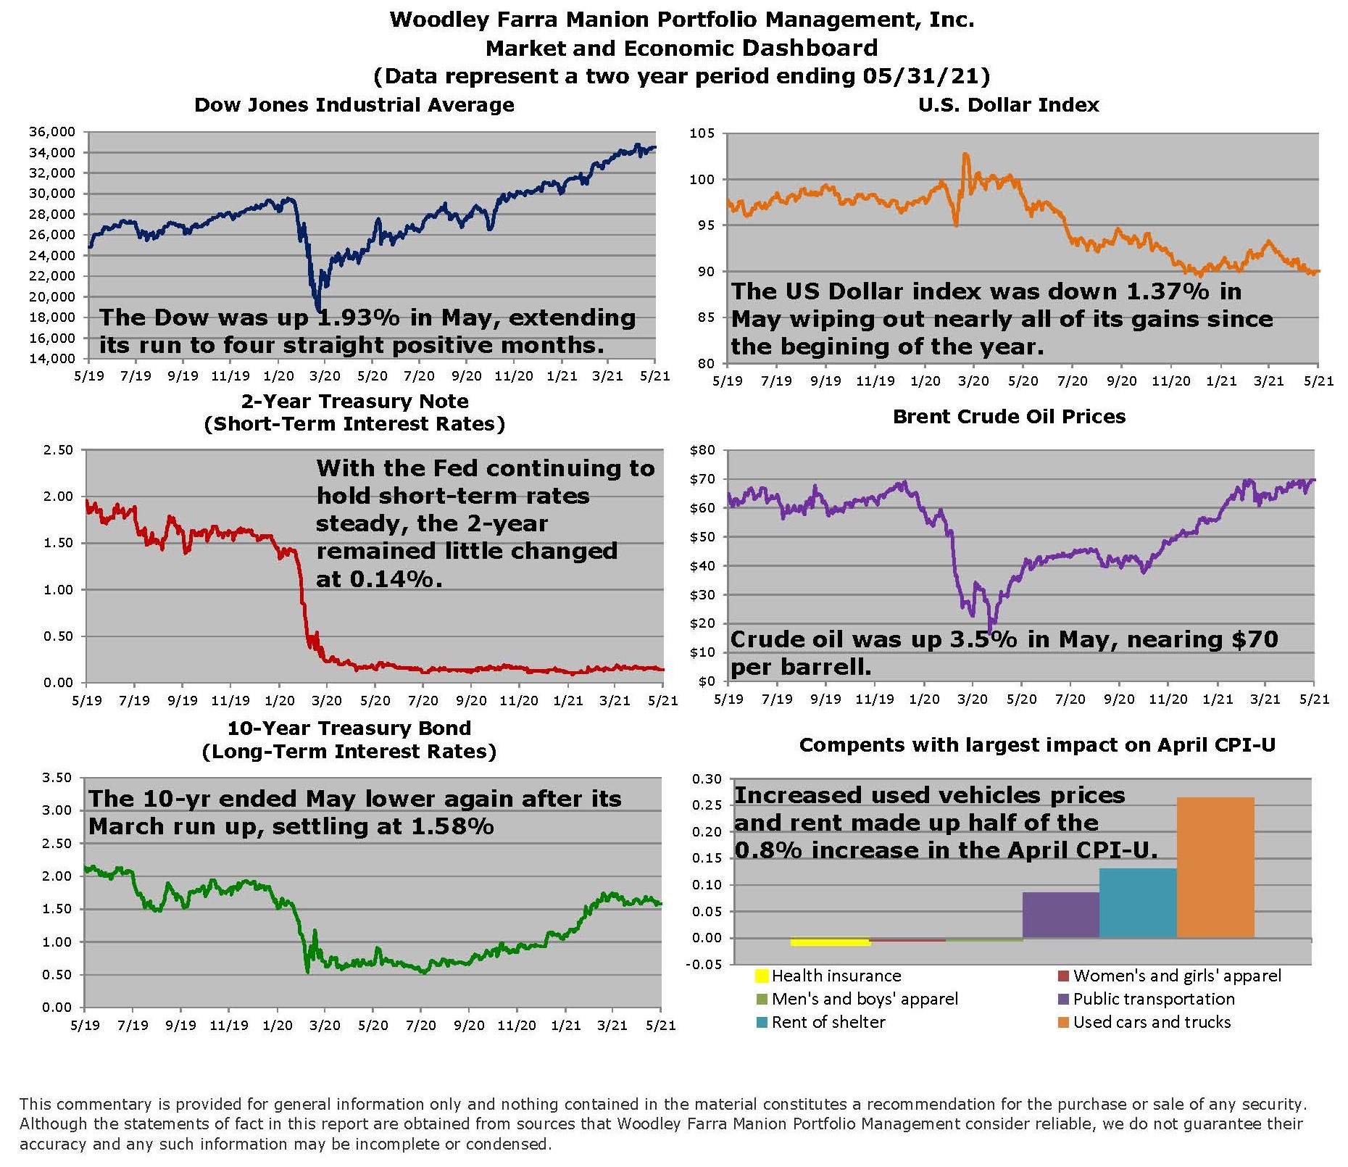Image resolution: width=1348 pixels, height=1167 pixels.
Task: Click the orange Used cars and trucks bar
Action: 1215,867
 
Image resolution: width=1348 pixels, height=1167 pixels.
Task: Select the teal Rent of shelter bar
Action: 1138,902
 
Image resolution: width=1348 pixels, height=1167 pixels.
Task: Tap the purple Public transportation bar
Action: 1060,915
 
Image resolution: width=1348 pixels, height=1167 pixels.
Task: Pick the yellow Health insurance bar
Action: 830,942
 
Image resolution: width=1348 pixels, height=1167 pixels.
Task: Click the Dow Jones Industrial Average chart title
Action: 354,105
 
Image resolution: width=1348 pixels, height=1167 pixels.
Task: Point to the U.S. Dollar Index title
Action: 1008,105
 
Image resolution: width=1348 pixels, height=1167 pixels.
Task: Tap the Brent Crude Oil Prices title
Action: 1009,417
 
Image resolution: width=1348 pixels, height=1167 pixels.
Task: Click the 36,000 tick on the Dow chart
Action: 51,132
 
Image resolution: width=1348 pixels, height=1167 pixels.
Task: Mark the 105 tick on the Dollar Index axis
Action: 702,133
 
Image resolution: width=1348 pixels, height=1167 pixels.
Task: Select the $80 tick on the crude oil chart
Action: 702,450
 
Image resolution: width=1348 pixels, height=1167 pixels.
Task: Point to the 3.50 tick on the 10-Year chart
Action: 58,778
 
